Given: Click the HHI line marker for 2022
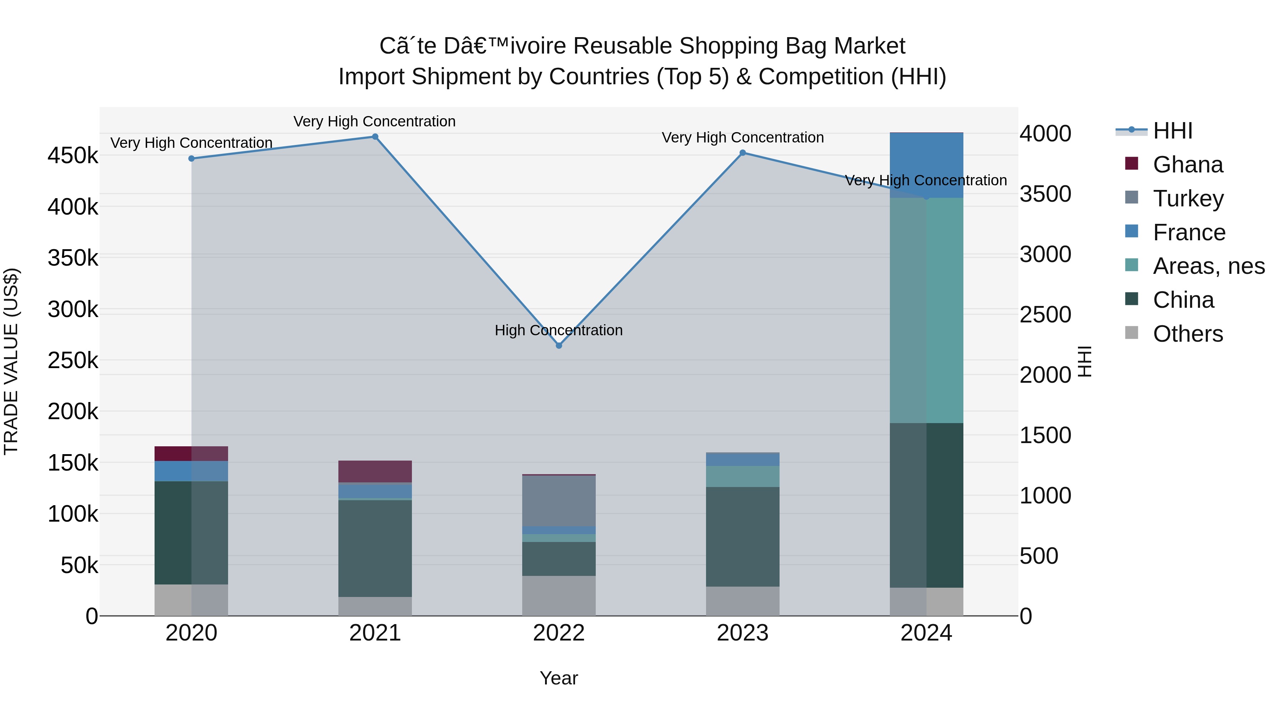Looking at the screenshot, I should [559, 345].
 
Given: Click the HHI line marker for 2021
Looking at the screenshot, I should [375, 137].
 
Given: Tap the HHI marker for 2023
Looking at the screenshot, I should [742, 153].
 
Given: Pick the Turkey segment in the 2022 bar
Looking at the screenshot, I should [559, 501].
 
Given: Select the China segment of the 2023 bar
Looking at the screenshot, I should [742, 536].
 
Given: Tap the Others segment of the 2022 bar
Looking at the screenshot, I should [559, 596].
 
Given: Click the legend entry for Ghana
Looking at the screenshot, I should [1188, 165].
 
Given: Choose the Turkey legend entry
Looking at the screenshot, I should [1188, 199].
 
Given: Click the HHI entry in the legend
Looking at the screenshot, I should [1172, 131].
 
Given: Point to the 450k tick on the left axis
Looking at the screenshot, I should [73, 155].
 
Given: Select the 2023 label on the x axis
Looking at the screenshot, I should [742, 633].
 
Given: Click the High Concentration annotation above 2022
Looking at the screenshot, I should [559, 330].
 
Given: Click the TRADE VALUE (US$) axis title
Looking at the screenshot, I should [11, 361].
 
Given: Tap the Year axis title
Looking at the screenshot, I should [559, 678].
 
